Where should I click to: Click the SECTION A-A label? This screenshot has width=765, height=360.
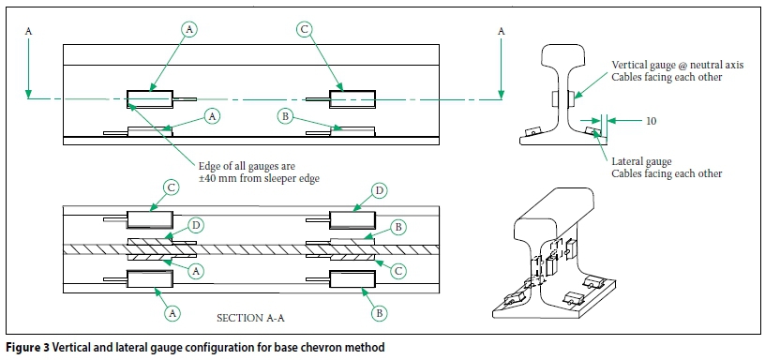tap(250, 318)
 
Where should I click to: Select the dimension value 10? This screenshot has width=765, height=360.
tap(651, 121)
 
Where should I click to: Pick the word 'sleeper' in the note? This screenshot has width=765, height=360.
tap(286, 178)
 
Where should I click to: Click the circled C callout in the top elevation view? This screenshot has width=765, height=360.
tap(304, 30)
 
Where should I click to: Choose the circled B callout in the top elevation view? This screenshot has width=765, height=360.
tap(285, 115)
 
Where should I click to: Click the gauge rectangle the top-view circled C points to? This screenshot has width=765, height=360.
tap(352, 99)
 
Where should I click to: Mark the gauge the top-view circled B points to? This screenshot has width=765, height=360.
tap(352, 130)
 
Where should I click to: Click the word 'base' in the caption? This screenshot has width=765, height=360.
tap(293, 347)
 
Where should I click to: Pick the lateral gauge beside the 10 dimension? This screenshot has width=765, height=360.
tap(592, 130)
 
